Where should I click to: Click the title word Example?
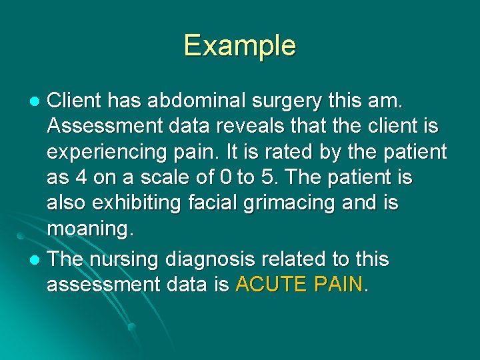coord(240,45)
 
